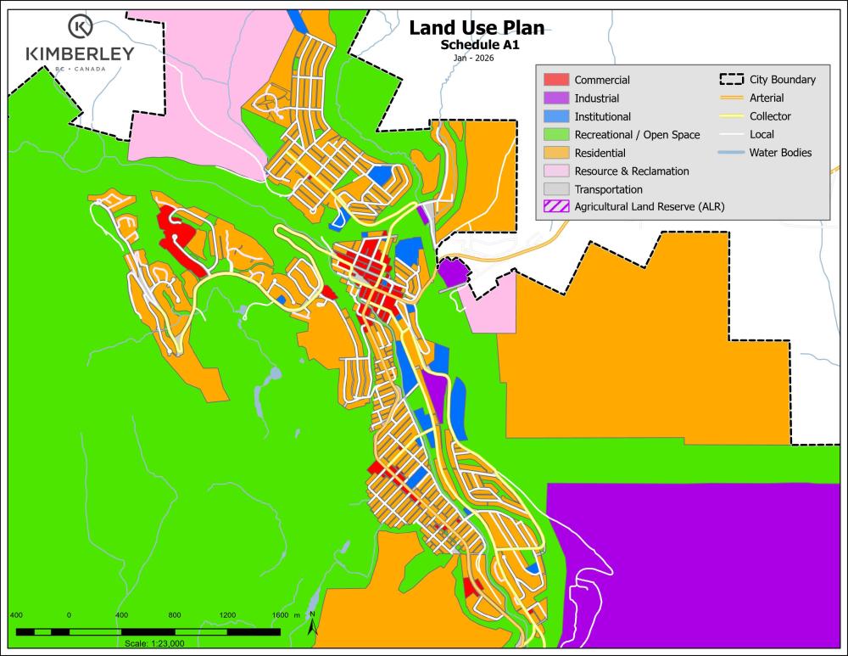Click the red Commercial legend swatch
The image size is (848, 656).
click(555, 80)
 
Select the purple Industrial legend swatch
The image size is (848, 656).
click(555, 98)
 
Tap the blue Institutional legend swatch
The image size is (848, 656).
click(555, 116)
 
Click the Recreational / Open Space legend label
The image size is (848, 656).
click(637, 135)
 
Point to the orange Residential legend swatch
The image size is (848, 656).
click(555, 153)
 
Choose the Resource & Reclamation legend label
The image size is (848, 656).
click(632, 171)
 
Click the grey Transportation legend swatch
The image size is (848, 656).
click(555, 189)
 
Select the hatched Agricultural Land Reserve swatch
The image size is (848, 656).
click(555, 207)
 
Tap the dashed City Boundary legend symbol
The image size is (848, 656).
click(731, 80)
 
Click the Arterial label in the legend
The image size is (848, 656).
click(767, 98)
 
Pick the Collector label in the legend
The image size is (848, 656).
click(770, 116)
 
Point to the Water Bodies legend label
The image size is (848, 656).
click(781, 153)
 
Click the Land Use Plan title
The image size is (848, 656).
click(477, 28)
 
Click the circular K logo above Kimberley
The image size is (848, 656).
click(80, 26)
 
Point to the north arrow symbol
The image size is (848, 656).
click(312, 626)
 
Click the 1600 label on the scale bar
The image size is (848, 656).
click(281, 614)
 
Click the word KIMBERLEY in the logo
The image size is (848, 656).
click(80, 54)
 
